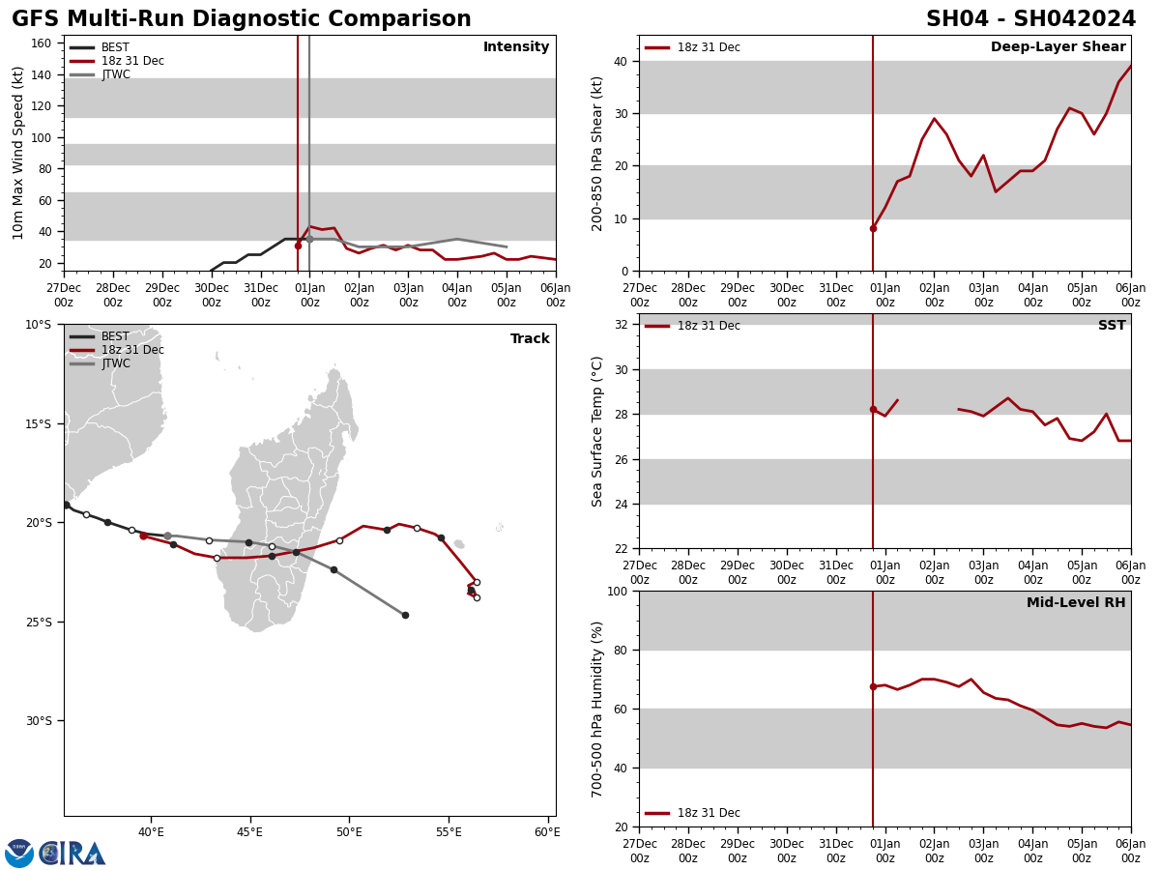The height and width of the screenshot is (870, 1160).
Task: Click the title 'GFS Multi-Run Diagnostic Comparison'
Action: click(241, 19)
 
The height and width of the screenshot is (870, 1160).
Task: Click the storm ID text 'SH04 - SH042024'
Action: click(1030, 19)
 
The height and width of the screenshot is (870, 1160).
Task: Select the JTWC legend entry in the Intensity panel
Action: click(115, 74)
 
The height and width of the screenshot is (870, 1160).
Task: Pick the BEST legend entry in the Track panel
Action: click(115, 336)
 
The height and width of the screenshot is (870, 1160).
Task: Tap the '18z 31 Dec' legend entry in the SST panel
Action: click(709, 326)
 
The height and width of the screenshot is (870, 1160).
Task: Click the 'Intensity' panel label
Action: click(516, 47)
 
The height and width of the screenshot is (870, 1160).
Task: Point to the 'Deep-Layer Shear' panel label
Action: click(1058, 47)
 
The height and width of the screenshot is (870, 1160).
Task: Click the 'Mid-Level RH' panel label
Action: click(1076, 603)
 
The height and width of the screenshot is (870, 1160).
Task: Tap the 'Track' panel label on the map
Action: click(530, 339)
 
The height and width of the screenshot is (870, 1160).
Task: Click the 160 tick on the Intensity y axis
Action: click(42, 43)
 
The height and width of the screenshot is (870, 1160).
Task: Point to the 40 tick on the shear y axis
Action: click(620, 61)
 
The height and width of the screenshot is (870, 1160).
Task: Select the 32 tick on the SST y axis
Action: click(620, 325)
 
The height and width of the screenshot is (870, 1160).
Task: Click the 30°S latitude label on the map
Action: click(39, 720)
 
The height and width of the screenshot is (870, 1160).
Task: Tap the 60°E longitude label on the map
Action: click(547, 832)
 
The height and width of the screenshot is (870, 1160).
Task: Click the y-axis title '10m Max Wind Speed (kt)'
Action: click(18, 153)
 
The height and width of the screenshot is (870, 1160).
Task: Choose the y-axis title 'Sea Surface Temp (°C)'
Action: click(598, 431)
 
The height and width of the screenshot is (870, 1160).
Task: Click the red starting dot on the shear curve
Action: click(873, 228)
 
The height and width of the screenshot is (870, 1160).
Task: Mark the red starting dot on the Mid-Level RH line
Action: click(873, 686)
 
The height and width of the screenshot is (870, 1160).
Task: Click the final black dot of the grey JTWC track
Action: click(405, 615)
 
